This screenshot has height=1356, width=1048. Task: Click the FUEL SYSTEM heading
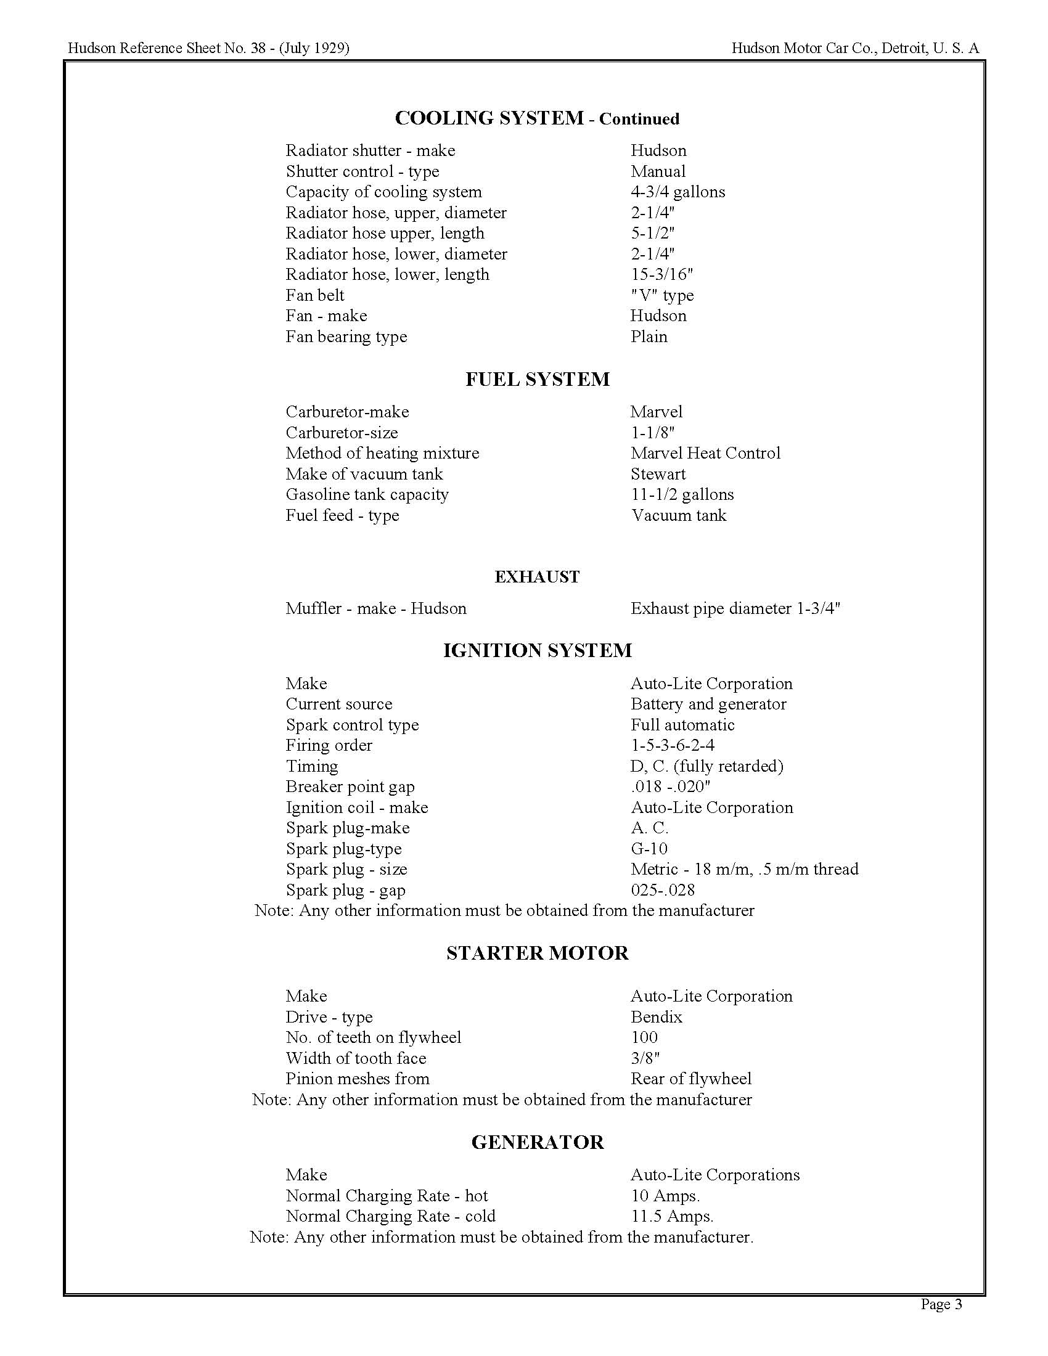(537, 379)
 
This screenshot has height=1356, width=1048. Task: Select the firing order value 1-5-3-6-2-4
(673, 745)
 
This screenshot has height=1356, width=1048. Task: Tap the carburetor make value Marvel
(657, 412)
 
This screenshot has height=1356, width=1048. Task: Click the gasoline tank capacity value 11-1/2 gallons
(682, 494)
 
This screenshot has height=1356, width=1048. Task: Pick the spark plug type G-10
(649, 848)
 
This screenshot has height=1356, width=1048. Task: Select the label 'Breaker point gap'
(350, 786)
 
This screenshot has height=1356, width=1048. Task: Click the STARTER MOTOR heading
(537, 953)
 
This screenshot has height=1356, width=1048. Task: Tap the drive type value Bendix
(657, 1016)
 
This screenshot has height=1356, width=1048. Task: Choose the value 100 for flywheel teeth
(644, 1037)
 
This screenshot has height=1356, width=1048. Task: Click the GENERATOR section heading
(537, 1142)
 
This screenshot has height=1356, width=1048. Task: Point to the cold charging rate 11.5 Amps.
(672, 1215)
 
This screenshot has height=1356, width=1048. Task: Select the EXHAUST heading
(537, 577)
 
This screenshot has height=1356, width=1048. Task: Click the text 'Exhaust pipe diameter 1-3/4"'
(735, 608)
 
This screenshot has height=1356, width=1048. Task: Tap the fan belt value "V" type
(662, 295)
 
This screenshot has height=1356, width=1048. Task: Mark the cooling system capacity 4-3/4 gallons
(678, 192)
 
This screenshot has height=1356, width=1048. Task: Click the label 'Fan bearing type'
(346, 337)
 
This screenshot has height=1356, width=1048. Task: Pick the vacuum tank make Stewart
(658, 474)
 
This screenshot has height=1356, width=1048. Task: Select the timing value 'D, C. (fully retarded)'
(706, 766)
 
